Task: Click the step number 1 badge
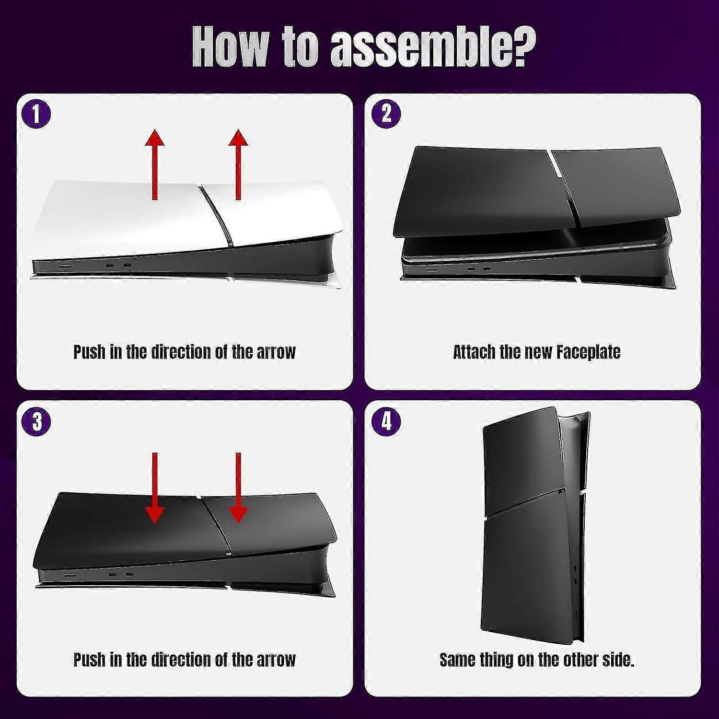36,115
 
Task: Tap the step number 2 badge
386,115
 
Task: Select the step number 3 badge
36,422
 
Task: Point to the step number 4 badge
386,422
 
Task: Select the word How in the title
230,48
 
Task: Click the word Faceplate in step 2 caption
588,352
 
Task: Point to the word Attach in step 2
474,352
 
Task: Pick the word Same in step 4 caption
457,660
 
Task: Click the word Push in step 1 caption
89,352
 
